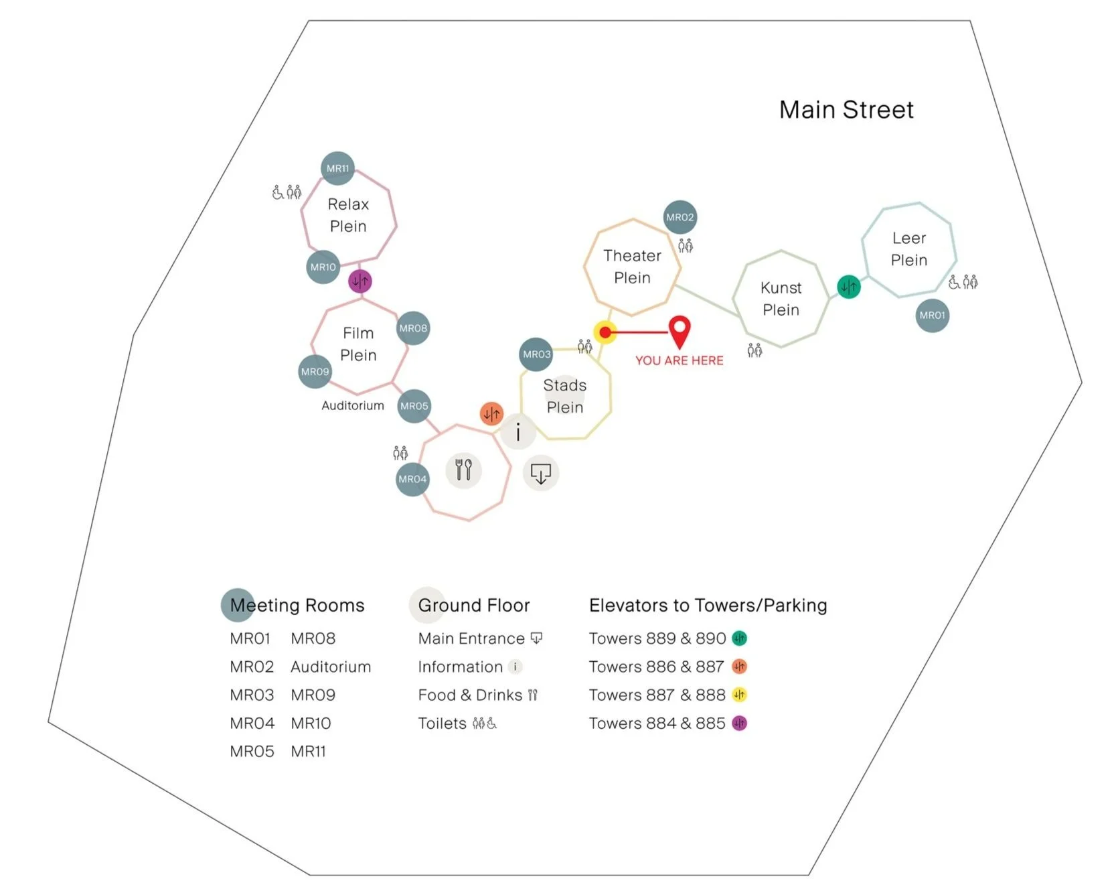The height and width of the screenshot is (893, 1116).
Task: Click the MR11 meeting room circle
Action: click(x=337, y=168)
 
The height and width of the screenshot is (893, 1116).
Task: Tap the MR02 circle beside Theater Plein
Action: click(x=680, y=217)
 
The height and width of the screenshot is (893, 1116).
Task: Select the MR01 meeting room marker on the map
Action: click(x=932, y=315)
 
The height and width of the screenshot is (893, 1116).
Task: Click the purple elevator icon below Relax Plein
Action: click(x=360, y=281)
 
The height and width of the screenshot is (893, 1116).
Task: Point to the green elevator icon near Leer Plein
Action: click(x=849, y=287)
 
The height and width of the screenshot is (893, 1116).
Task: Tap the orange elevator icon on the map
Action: click(x=491, y=413)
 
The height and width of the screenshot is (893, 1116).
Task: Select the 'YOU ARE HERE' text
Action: click(x=679, y=360)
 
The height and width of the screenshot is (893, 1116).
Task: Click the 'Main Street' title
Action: click(x=846, y=110)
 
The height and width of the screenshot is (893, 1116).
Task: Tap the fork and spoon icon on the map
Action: click(x=463, y=469)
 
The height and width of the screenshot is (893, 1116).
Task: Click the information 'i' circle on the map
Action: click(x=517, y=431)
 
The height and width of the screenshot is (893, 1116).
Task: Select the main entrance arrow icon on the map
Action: click(x=540, y=474)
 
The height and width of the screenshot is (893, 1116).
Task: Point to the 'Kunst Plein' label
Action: click(x=781, y=299)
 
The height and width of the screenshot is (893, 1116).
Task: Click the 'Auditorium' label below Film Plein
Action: click(x=352, y=405)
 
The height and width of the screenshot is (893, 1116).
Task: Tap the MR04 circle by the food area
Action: click(x=412, y=479)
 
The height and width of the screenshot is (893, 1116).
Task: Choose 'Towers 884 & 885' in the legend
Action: click(x=657, y=724)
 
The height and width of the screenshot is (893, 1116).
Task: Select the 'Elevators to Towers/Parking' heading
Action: click(x=708, y=606)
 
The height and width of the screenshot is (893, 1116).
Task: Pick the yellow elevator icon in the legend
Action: click(x=739, y=695)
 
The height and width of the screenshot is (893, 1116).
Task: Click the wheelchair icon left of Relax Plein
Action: click(x=277, y=193)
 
